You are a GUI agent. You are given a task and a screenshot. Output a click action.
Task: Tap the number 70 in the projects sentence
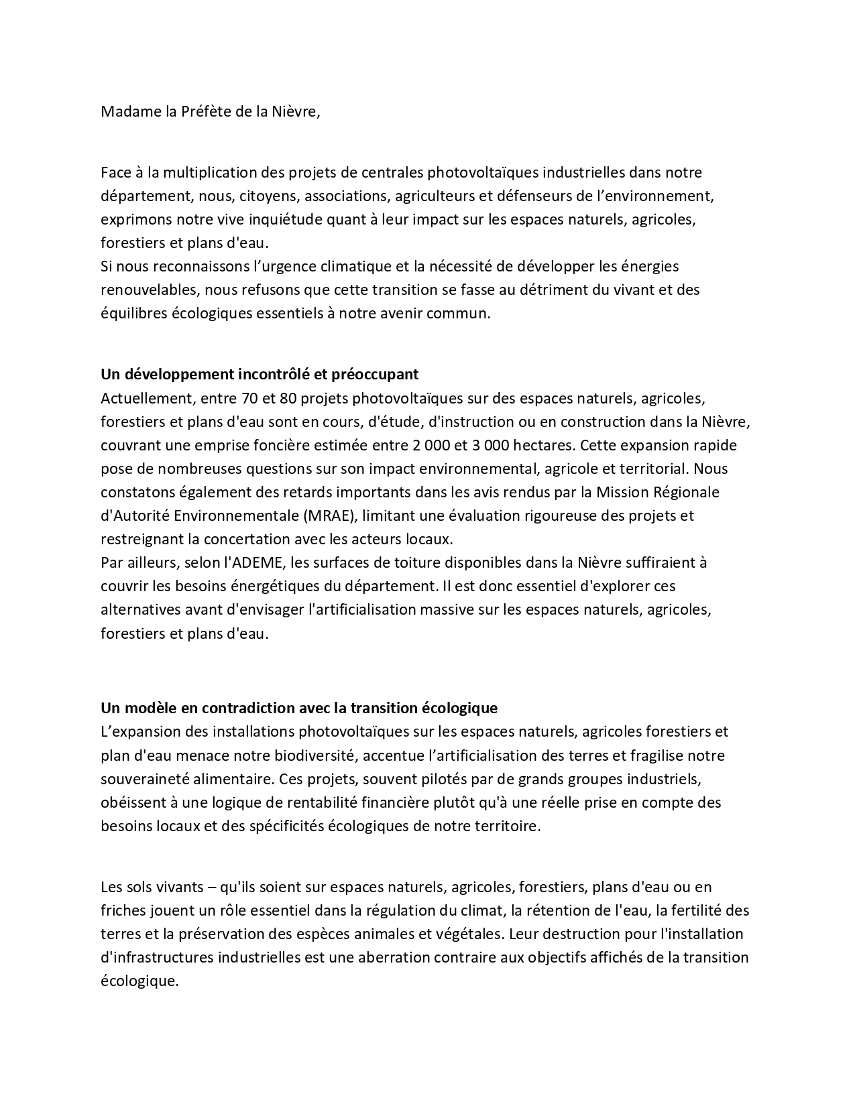click(247, 399)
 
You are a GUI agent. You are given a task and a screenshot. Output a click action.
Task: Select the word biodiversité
click(315, 755)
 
